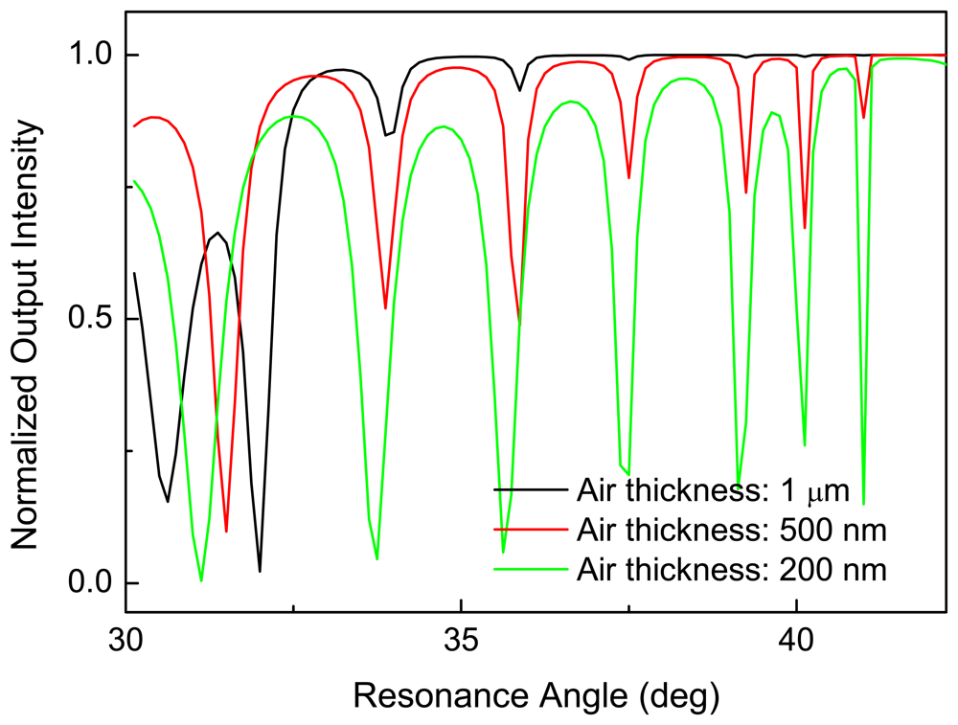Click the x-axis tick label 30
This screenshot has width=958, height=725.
(x=125, y=639)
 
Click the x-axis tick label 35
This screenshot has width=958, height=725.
(x=461, y=639)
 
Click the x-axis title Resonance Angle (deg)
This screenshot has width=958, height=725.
(x=536, y=691)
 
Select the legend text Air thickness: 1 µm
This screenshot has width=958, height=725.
(x=713, y=492)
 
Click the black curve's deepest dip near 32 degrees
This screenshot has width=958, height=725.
(x=260, y=572)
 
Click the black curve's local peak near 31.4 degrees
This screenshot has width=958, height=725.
(x=217, y=233)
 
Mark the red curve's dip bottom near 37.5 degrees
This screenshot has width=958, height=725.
(x=628, y=178)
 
